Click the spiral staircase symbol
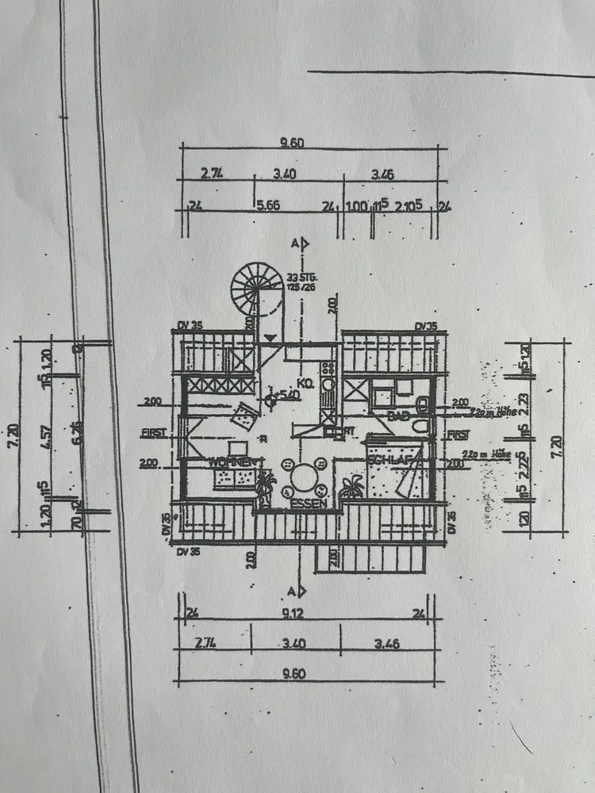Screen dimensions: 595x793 [256, 289]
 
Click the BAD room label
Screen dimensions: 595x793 [397, 416]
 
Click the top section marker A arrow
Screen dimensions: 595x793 [300, 243]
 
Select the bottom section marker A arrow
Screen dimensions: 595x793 [299, 592]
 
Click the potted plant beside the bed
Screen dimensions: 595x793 [352, 486]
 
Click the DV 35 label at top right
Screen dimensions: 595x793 [426, 326]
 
